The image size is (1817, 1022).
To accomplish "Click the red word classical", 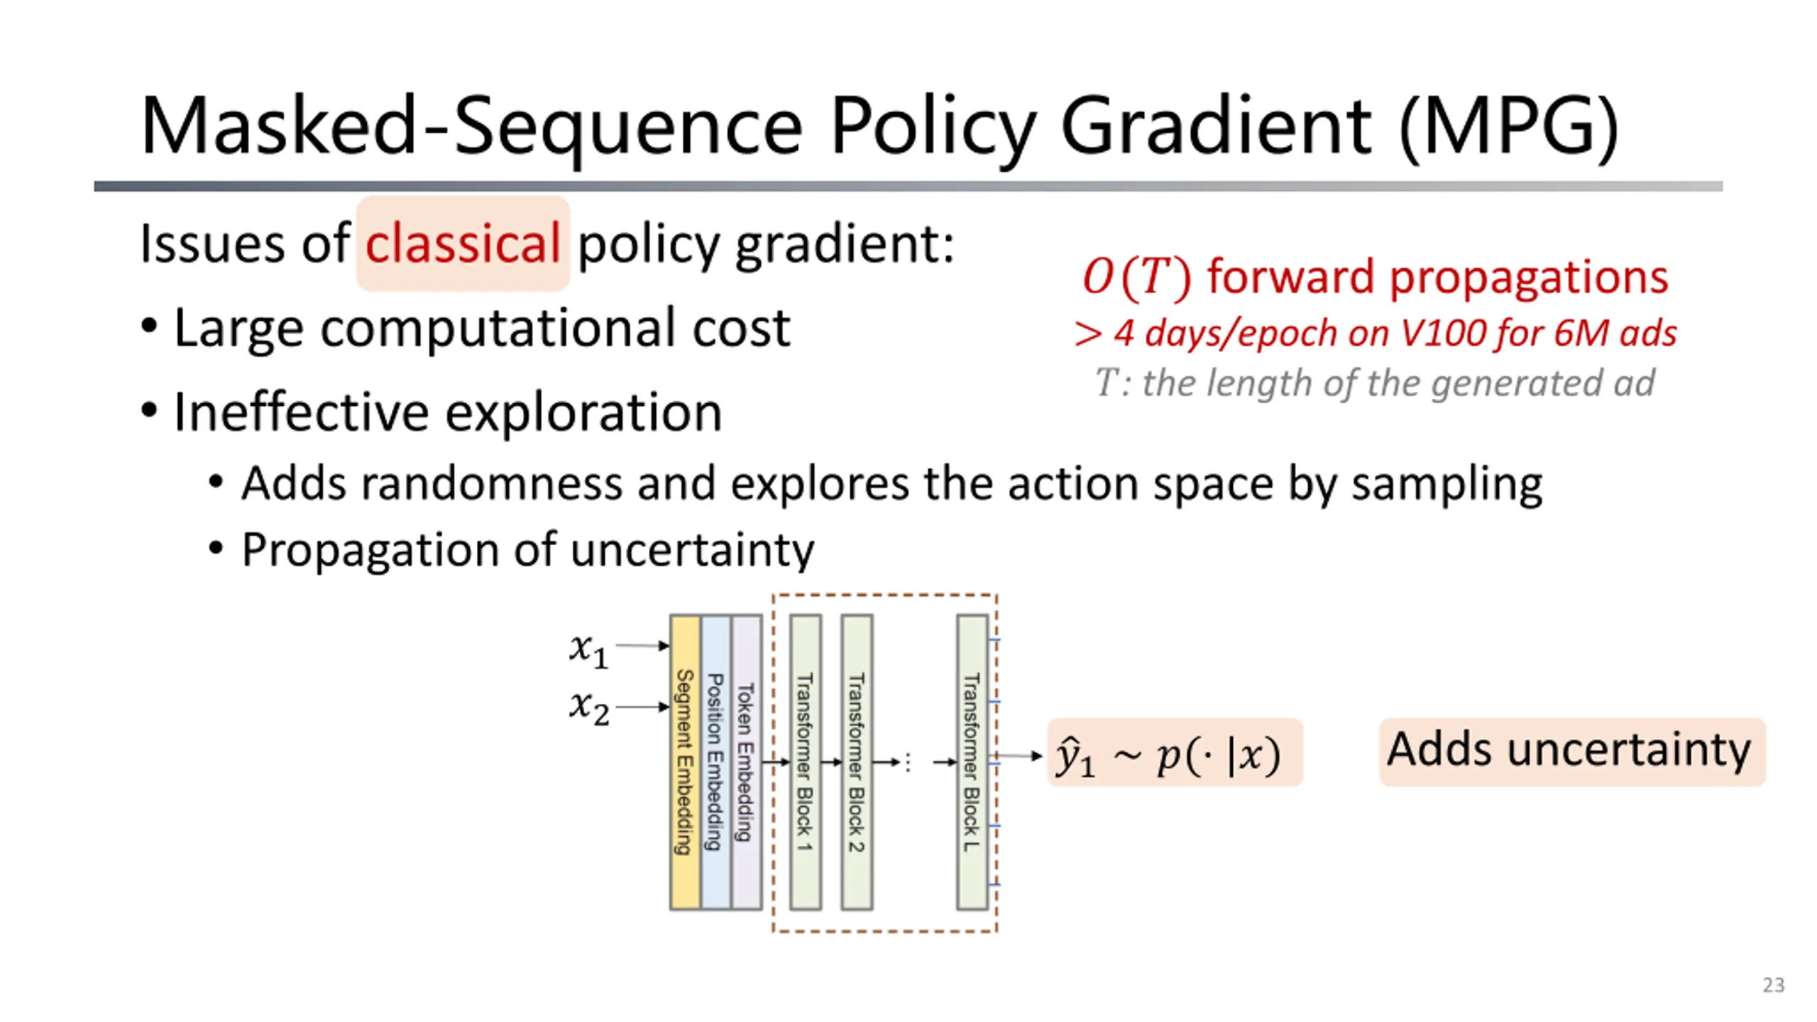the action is (x=463, y=243).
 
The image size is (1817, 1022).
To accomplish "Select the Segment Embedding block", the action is (x=685, y=762).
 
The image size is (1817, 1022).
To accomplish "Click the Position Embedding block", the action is (x=715, y=762).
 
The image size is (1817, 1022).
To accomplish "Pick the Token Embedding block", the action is (x=746, y=762).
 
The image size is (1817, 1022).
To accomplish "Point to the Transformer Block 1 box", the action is (x=805, y=762).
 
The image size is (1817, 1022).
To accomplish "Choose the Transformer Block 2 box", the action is (x=857, y=762).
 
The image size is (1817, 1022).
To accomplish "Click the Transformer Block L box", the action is (x=972, y=762).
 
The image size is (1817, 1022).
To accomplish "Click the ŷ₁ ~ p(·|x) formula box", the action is (x=1175, y=753).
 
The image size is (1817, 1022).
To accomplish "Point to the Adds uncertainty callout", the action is (x=1571, y=752).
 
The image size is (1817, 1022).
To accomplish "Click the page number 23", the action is (x=1773, y=985).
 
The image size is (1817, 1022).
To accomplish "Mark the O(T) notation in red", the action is (x=1136, y=277).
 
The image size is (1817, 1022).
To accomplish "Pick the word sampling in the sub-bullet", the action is (x=1447, y=485).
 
